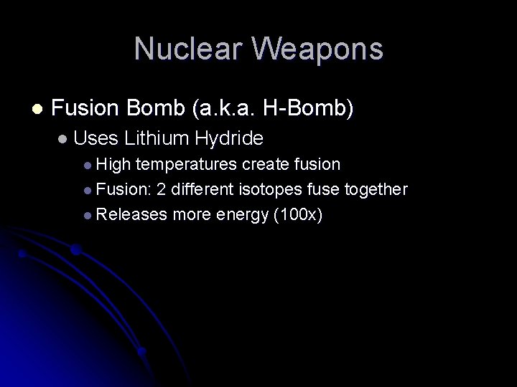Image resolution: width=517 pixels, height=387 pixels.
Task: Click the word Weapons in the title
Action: click(x=319, y=49)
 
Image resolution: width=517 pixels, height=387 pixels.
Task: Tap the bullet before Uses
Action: click(x=64, y=138)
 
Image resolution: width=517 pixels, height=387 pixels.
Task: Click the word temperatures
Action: click(x=187, y=165)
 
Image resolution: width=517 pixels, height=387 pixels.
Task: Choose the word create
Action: click(x=265, y=165)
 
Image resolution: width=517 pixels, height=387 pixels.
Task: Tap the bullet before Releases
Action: click(x=87, y=214)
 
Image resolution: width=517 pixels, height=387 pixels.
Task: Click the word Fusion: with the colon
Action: click(x=122, y=189)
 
